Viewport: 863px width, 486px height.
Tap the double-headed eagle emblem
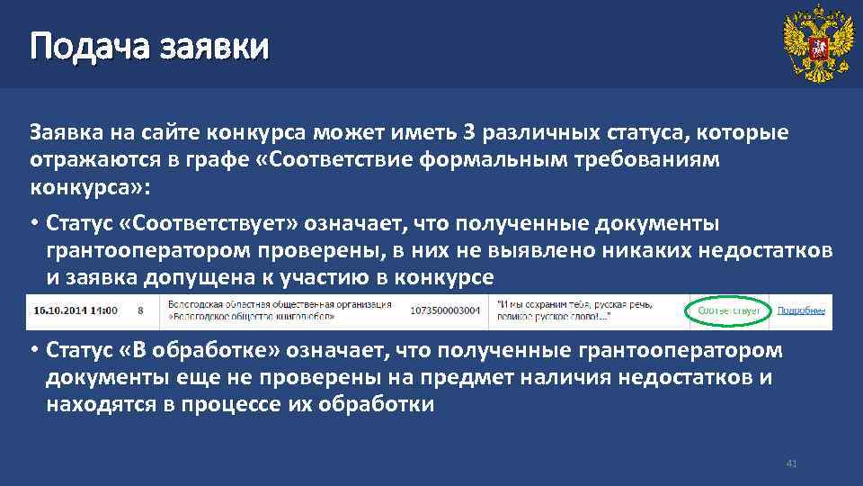click(817, 44)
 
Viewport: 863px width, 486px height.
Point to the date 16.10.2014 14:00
click(76, 310)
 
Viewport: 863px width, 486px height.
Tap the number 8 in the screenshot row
click(141, 310)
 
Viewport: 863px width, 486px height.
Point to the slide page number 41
click(791, 463)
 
